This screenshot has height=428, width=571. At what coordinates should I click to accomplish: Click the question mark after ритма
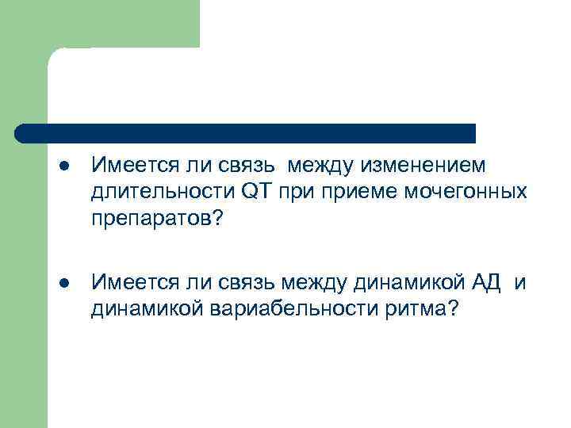pos(452,308)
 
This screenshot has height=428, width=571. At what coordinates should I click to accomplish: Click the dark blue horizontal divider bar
pos(246,132)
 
